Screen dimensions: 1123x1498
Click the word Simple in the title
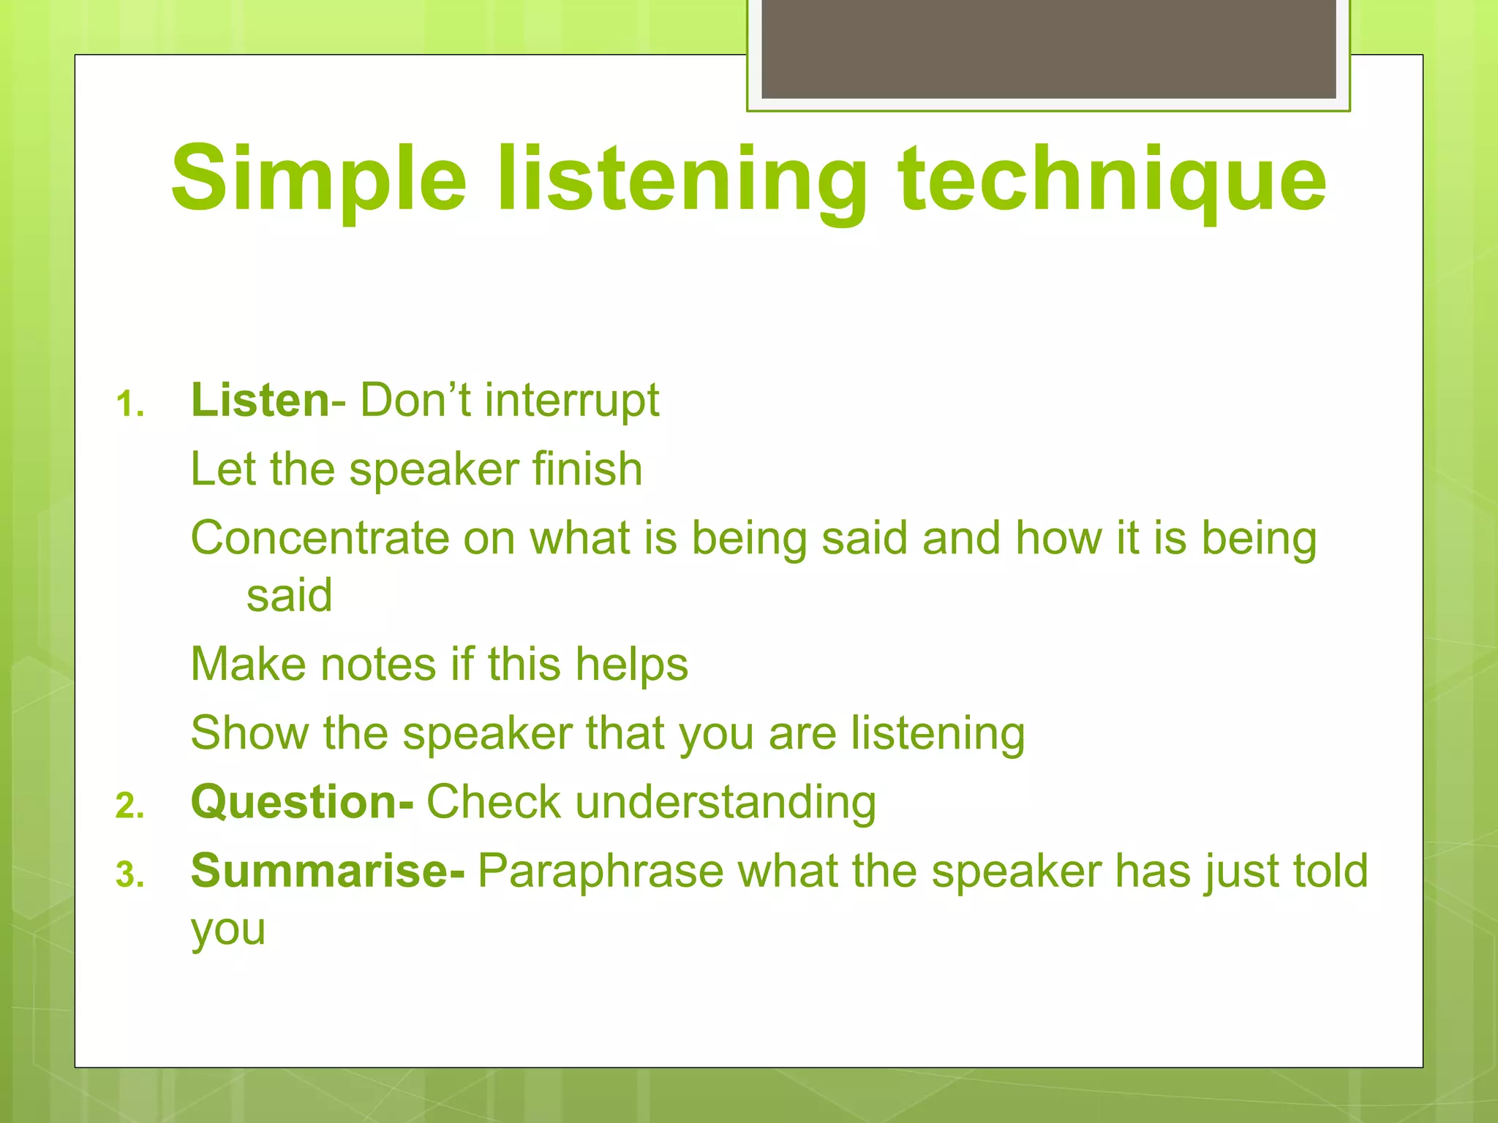[x=318, y=179]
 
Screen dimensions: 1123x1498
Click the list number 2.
[x=130, y=806]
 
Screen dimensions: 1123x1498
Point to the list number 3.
[x=130, y=875]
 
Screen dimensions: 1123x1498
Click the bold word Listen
[x=260, y=401]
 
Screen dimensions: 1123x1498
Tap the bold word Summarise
[x=326, y=871]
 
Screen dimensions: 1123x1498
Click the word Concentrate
[x=320, y=538]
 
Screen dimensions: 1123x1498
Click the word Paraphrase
[x=600, y=871]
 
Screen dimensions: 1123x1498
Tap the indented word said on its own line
[x=289, y=595]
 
